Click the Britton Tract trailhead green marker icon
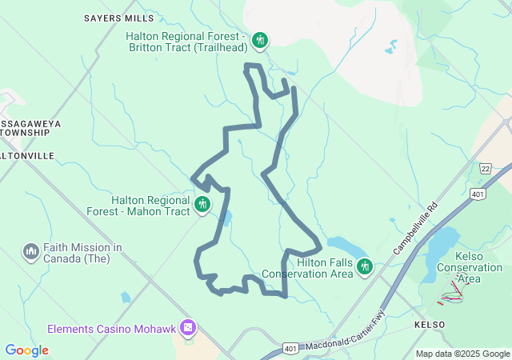coord(259,39)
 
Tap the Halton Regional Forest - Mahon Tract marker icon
coord(202,205)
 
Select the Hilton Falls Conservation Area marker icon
coord(365,266)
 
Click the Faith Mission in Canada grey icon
coord(31,252)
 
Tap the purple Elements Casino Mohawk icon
coord(188,328)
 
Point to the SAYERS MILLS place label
coord(119,17)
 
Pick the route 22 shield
coord(486,168)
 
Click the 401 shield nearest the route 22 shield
coord(478,194)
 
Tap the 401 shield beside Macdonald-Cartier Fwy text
coord(291,350)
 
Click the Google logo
coord(26,350)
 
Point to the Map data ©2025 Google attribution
coord(462,354)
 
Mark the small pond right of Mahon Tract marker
coord(227,217)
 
